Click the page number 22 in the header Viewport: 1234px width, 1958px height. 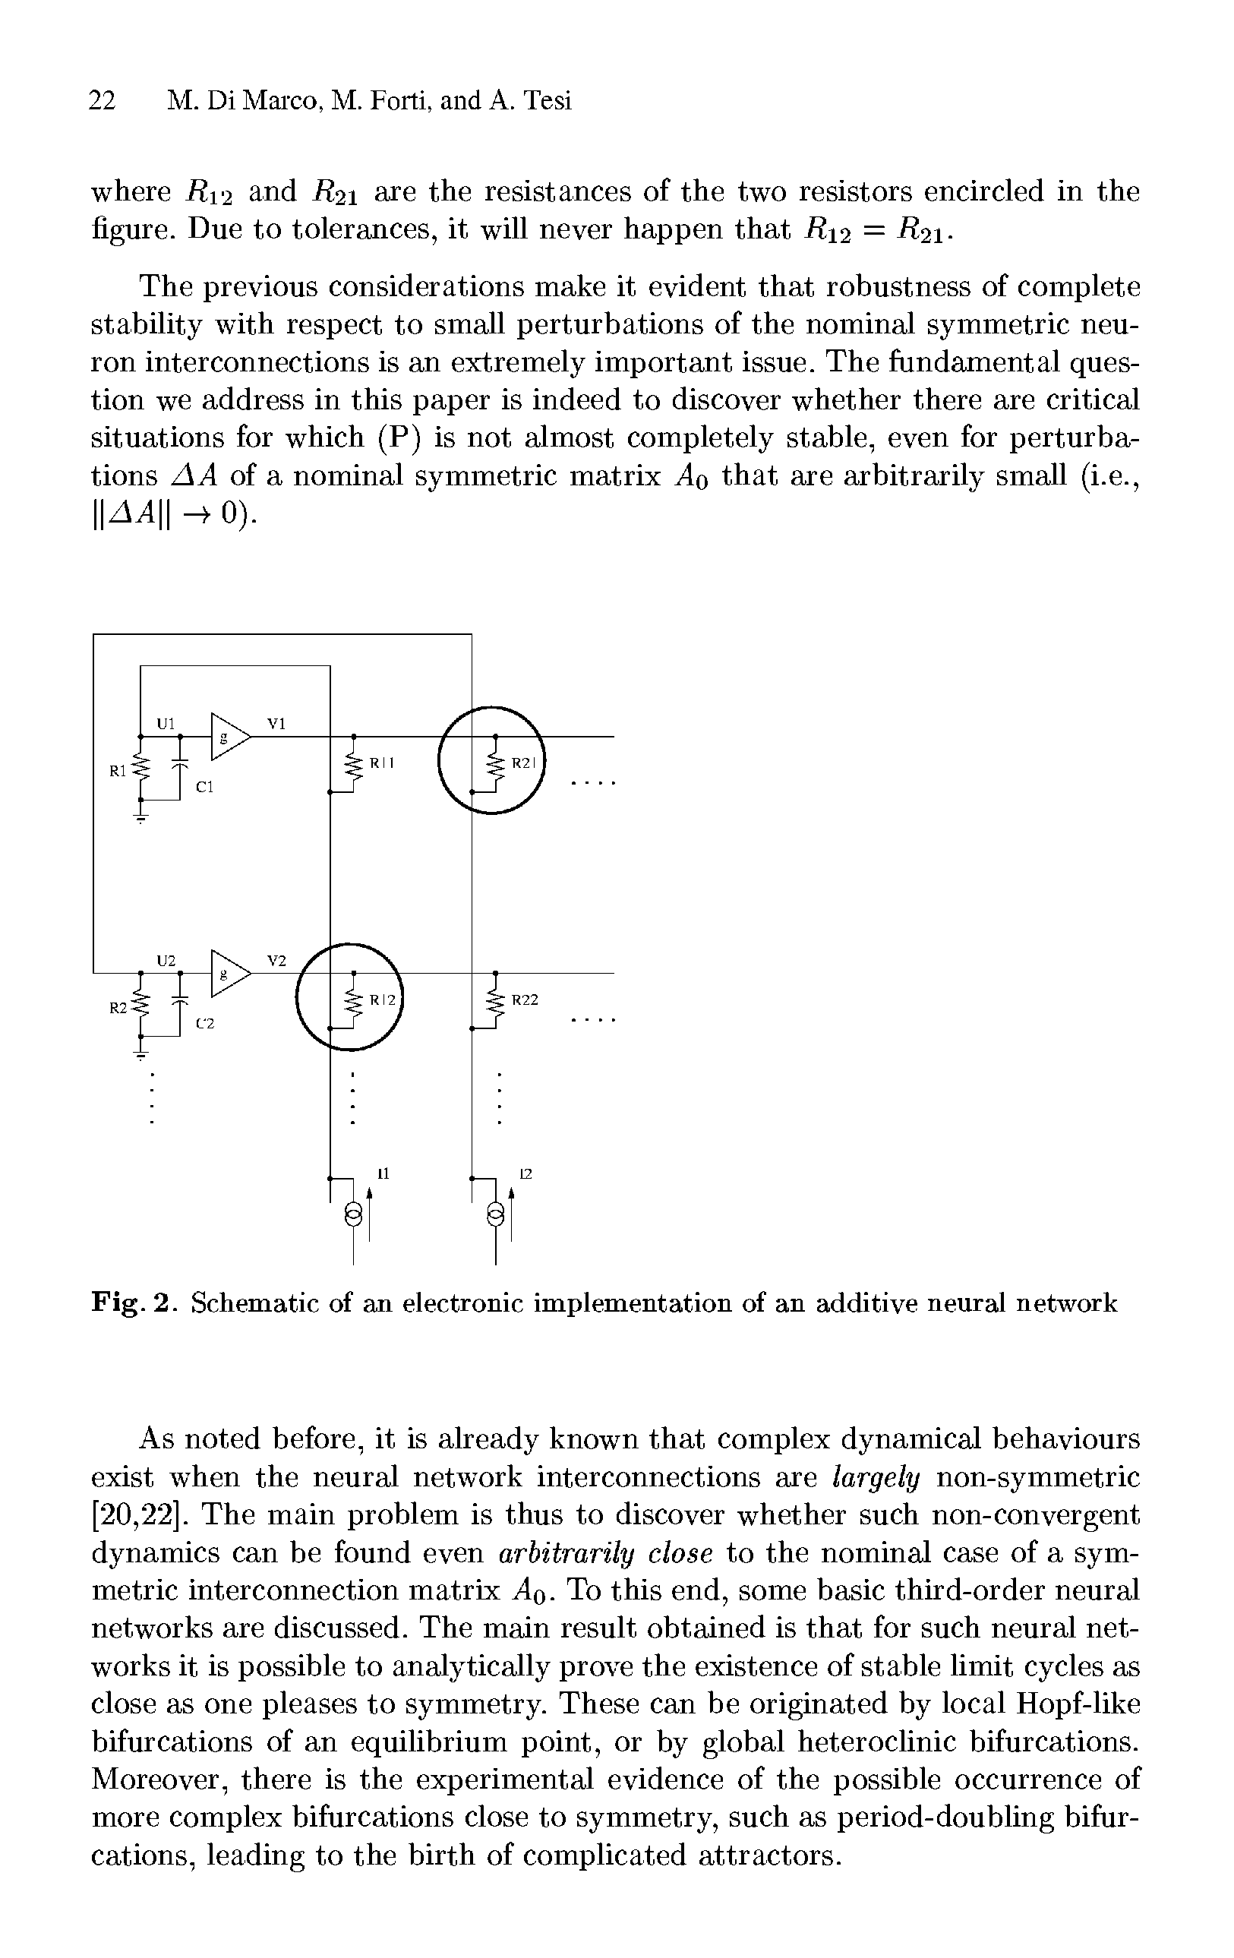[102, 101]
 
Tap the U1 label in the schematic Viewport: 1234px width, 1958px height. [166, 723]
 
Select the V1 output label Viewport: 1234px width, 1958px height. [276, 723]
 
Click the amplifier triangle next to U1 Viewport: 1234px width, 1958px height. [228, 736]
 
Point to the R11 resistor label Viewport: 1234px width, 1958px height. [381, 763]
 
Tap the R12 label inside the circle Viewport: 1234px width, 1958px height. [381, 1000]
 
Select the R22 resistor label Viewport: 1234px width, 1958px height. [524, 1000]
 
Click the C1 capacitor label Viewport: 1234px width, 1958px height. [204, 787]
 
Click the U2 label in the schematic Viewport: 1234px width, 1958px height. [166, 960]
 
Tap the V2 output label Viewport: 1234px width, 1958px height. [276, 960]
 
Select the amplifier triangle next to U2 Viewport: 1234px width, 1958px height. [228, 974]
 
